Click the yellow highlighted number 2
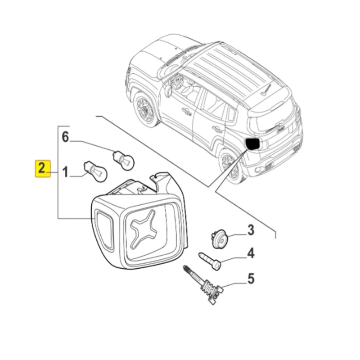coord(43,168)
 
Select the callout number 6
coord(65,137)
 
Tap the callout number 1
coord(65,172)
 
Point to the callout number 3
coord(251,230)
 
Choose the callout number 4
coord(251,253)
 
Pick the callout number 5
coord(251,279)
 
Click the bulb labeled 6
coord(123,160)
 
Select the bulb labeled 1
coord(95,171)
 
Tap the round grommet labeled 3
coord(220,239)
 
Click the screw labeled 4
coord(210,261)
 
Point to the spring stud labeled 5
coord(203,285)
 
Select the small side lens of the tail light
coord(104,230)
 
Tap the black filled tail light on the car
coord(253,144)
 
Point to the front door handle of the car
coord(186,112)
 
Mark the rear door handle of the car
coord(217,129)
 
